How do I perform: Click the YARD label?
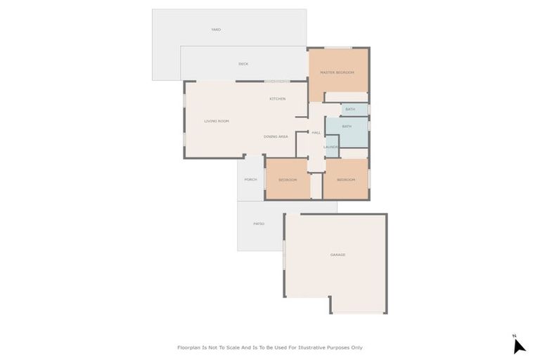pos(217,30)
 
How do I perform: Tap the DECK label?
pos(243,64)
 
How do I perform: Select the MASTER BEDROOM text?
pos(337,72)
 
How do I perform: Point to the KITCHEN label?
pos(277,98)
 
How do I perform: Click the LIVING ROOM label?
pos(217,121)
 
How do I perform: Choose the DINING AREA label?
pos(276,136)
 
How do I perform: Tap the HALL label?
pos(316,133)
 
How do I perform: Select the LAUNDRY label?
pos(331,146)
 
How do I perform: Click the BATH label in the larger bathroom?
pos(347,127)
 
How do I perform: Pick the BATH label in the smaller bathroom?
pos(350,109)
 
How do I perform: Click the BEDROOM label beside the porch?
pos(288,180)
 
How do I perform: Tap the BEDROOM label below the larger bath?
pos(346,180)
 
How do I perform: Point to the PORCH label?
pos(250,180)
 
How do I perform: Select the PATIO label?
pos(259,224)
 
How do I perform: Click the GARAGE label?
pos(337,255)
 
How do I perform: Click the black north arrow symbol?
pos(518,345)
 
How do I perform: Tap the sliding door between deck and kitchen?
pos(277,82)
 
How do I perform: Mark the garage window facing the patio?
pos(284,255)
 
